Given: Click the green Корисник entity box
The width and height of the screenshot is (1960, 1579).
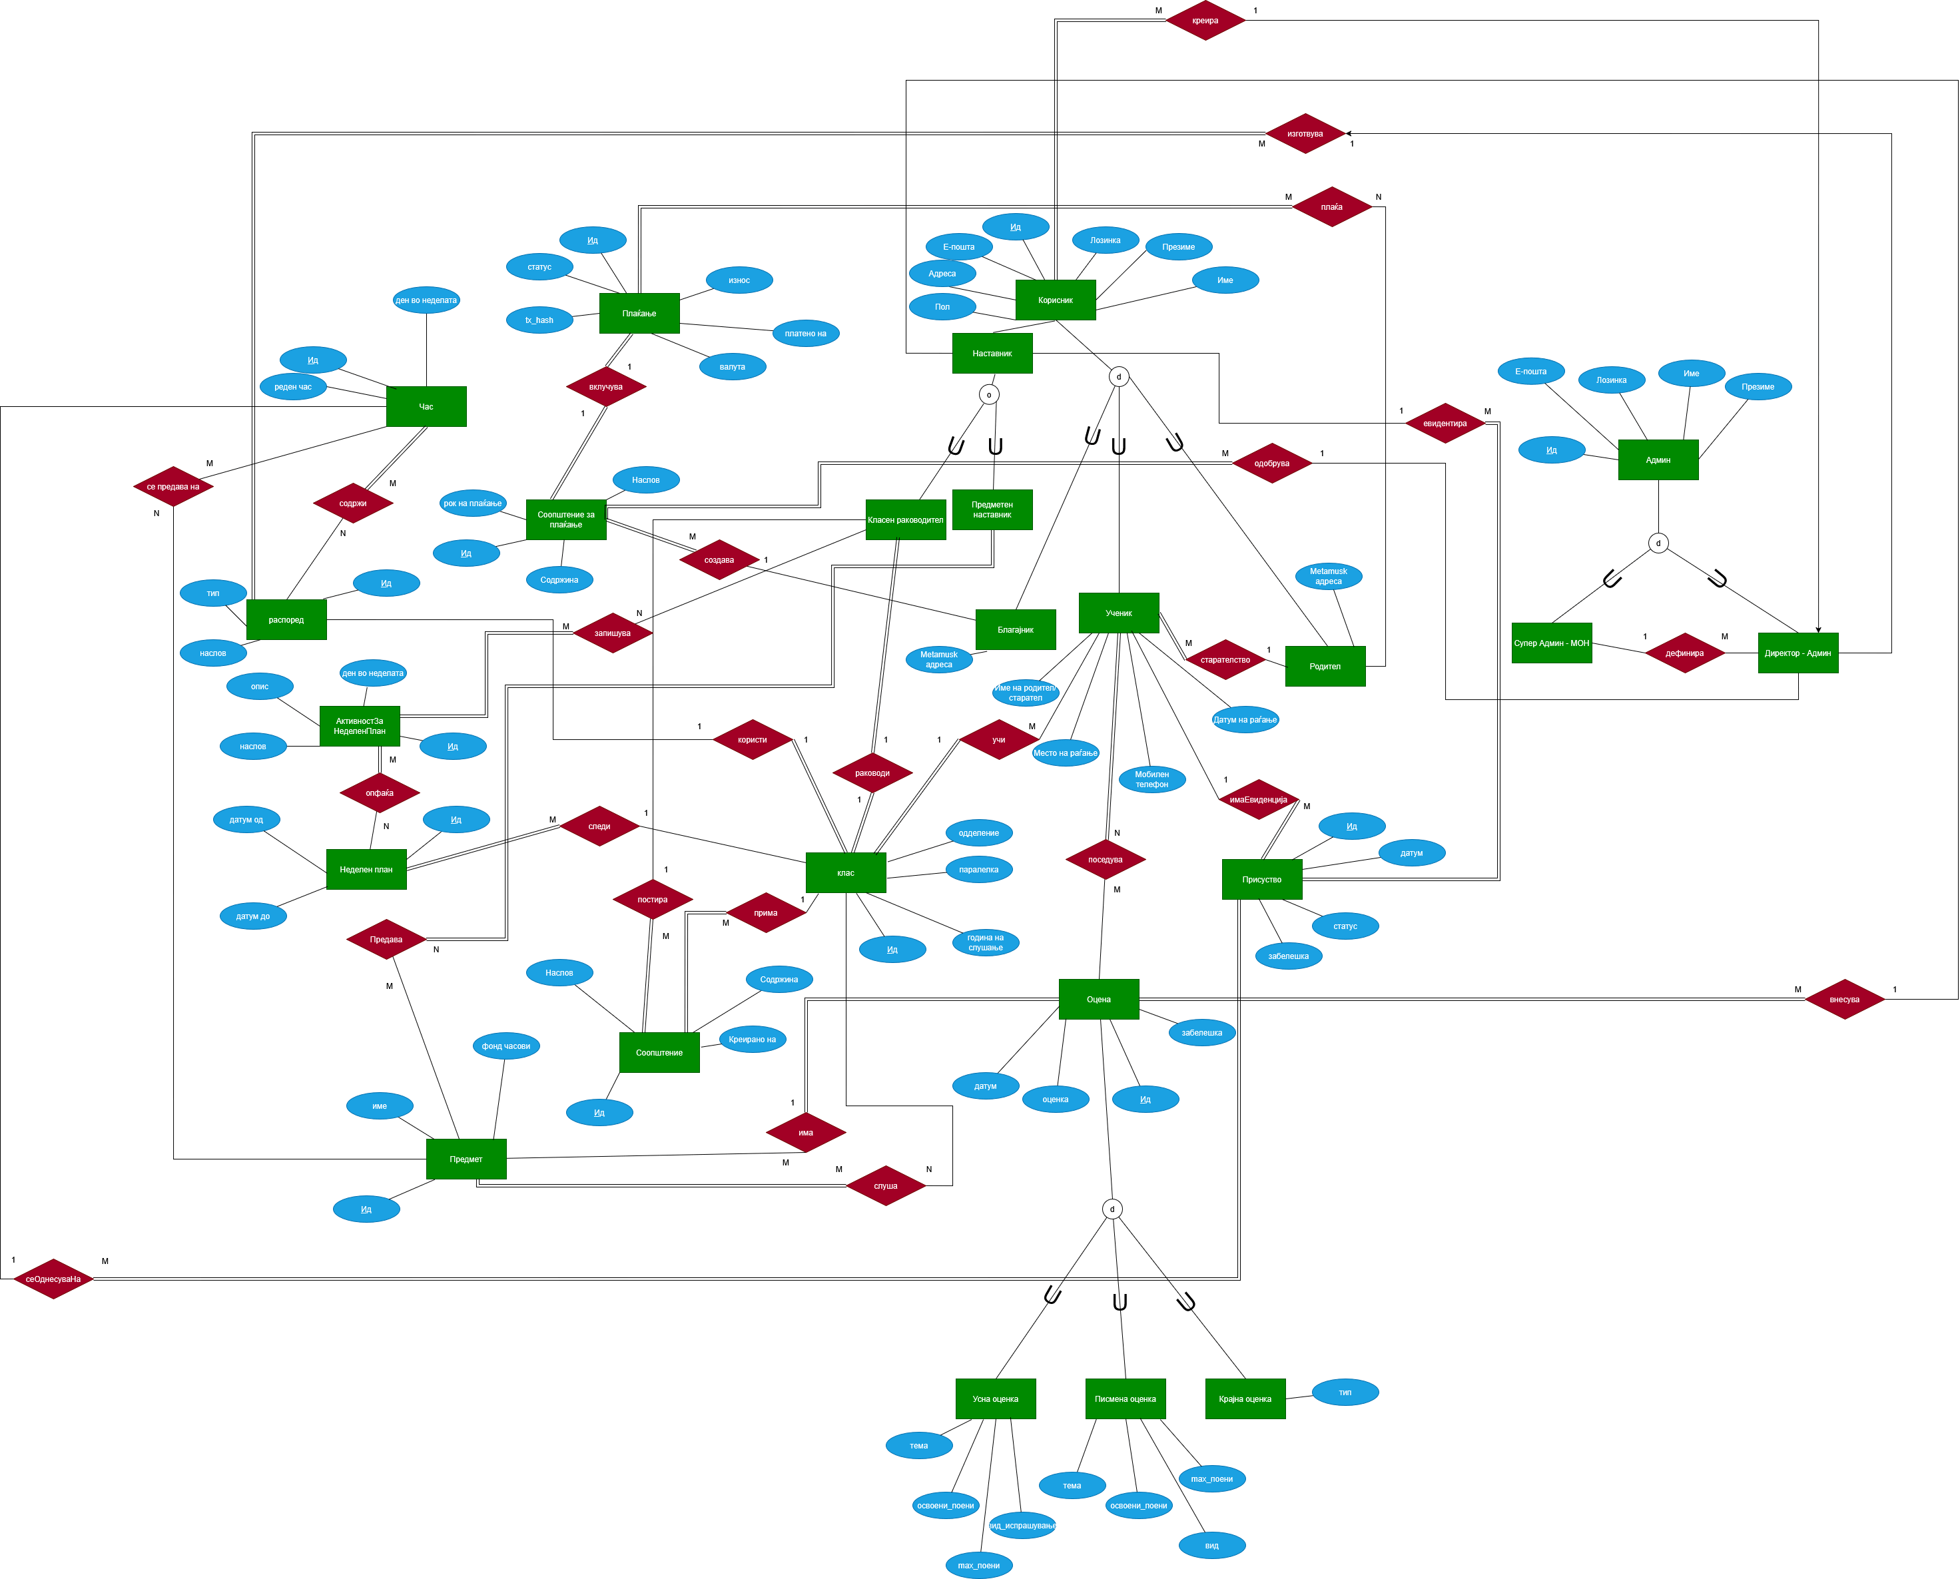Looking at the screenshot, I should (x=1055, y=300).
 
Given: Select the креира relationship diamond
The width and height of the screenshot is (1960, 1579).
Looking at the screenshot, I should (x=1205, y=20).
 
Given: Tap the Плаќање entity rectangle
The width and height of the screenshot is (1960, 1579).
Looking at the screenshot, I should (x=639, y=313).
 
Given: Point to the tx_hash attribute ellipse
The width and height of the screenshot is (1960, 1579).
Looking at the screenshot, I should (x=539, y=320).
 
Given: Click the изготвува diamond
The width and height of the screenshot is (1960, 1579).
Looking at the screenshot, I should (x=1305, y=134).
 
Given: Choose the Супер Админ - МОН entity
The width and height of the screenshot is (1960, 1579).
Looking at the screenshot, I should (x=1552, y=643).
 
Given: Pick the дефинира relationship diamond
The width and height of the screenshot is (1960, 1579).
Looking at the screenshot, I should (x=1684, y=653).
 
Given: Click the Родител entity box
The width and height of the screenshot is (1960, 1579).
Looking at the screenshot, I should (x=1325, y=667).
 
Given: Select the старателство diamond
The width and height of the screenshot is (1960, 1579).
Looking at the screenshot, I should (x=1225, y=659).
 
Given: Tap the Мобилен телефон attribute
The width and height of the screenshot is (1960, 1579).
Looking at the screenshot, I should (x=1151, y=779).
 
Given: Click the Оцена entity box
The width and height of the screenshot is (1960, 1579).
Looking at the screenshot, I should (x=1099, y=999).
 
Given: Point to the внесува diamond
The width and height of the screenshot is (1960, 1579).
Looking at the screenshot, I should (x=1845, y=1000).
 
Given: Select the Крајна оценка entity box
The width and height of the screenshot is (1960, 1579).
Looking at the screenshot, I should (x=1245, y=1399).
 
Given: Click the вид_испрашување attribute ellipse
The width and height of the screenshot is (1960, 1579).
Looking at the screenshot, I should (x=1022, y=1525).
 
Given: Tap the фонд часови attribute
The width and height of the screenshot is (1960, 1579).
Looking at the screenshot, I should (x=505, y=1046).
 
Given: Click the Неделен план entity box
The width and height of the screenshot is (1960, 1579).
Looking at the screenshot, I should (x=366, y=870).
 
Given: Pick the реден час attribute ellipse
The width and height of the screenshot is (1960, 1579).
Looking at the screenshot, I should (x=293, y=386).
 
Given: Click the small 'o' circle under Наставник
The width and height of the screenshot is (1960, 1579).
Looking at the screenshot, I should (x=988, y=395).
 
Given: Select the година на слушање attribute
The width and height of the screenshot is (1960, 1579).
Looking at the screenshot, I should (x=986, y=942).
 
